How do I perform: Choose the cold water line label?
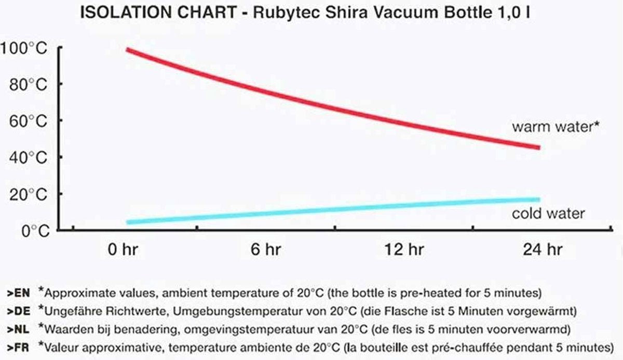click(x=548, y=214)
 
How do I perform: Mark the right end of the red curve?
click(x=538, y=148)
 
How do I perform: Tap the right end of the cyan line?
click(x=538, y=199)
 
